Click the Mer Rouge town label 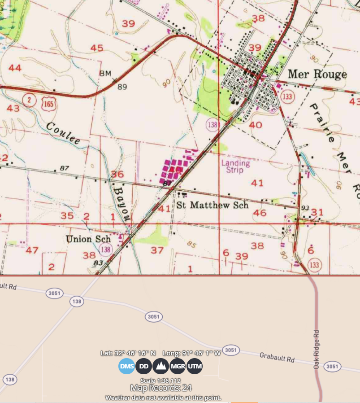(x=317, y=74)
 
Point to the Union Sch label (x=88, y=239)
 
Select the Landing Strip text (x=235, y=166)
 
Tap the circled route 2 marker (x=29, y=100)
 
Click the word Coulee (x=63, y=133)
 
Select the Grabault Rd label (x=277, y=359)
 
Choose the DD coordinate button (x=143, y=366)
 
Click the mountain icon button (x=160, y=366)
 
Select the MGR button (x=178, y=366)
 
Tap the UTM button (x=194, y=366)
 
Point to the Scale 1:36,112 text (x=160, y=380)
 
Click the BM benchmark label (x=105, y=73)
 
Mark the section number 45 (x=97, y=48)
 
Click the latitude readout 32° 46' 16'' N (x=128, y=353)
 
